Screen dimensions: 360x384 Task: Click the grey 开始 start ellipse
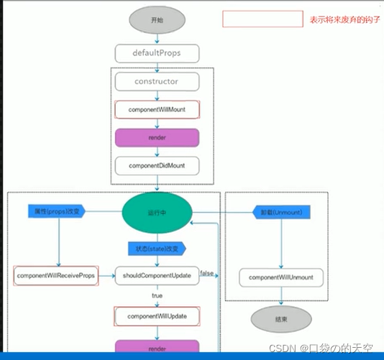pyautogui.click(x=157, y=21)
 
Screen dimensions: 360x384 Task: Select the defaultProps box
pyautogui.click(x=156, y=53)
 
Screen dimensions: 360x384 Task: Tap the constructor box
pyautogui.click(x=156, y=81)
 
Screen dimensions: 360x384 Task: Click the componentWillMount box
pyautogui.click(x=157, y=109)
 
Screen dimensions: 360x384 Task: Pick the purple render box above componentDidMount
pyautogui.click(x=157, y=137)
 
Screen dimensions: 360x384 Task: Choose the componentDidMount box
pyautogui.click(x=157, y=165)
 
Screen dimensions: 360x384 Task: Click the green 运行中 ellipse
pyautogui.click(x=157, y=213)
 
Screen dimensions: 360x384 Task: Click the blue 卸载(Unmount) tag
pyautogui.click(x=281, y=213)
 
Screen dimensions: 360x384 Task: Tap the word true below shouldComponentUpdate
pyautogui.click(x=157, y=295)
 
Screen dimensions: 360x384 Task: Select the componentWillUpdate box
pyautogui.click(x=157, y=315)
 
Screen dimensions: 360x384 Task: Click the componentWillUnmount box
pyautogui.click(x=281, y=277)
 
